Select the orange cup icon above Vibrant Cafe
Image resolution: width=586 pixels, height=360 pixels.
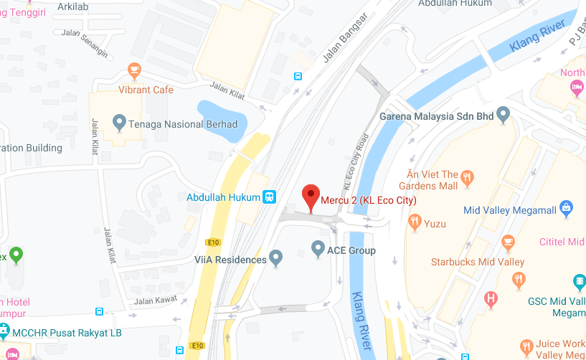134,70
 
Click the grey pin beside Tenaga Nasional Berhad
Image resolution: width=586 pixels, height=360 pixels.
120,123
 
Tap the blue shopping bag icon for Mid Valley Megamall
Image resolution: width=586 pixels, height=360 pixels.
567,209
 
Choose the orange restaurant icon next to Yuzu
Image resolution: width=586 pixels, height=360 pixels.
414,223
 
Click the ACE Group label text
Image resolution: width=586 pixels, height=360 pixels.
351,250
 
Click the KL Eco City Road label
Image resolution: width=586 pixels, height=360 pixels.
355,162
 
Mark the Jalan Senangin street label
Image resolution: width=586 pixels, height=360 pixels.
85,44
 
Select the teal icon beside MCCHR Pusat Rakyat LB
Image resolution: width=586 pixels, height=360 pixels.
4,331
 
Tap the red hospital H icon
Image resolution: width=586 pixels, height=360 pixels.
491,298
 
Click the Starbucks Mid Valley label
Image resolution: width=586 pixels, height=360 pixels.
477,262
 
